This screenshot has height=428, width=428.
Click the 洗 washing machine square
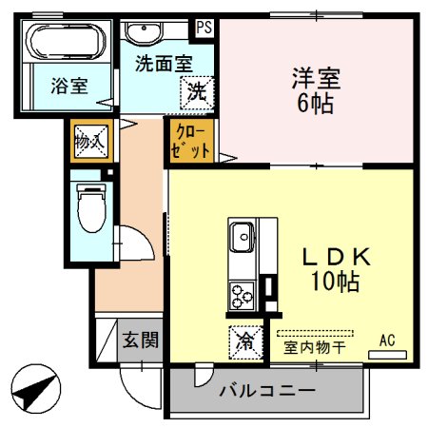195,93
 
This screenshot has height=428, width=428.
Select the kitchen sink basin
242,234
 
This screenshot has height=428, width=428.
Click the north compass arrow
36,388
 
